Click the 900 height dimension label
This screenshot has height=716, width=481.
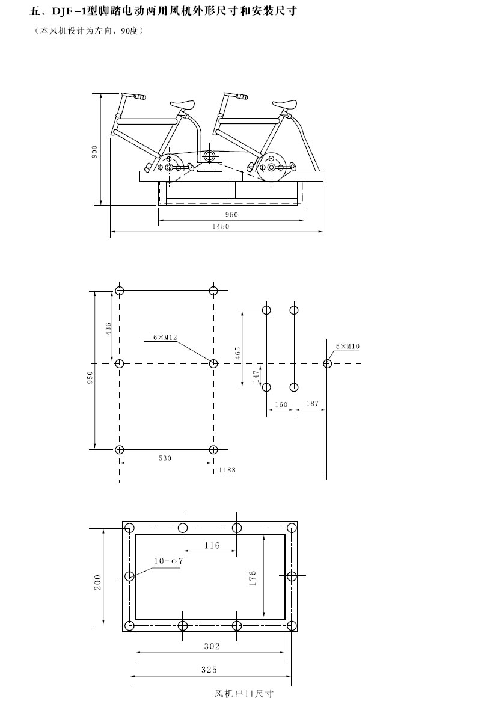click(94, 152)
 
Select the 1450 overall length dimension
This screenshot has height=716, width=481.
click(221, 226)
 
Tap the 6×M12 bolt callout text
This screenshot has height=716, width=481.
click(165, 338)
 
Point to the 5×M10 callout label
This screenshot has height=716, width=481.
click(348, 346)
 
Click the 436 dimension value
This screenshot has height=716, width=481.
click(108, 329)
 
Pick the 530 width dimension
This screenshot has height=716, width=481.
click(165, 458)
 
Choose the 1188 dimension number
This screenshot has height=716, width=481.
click(227, 469)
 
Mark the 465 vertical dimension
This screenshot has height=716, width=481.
click(237, 353)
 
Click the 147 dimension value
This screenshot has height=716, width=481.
click(256, 376)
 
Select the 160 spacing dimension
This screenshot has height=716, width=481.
click(281, 404)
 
